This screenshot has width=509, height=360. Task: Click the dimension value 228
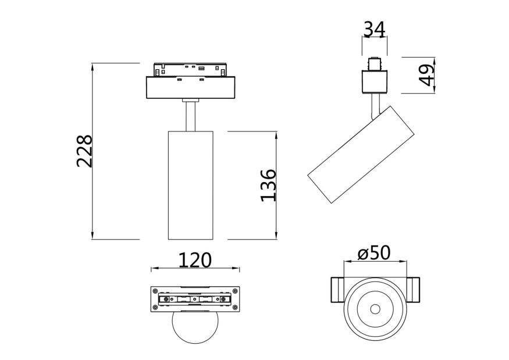(85, 151)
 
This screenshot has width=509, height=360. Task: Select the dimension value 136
(268, 185)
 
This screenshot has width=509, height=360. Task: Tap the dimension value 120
(194, 259)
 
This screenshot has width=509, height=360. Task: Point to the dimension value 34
(374, 27)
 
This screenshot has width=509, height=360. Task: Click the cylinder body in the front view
(191, 185)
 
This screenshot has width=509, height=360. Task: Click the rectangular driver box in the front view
(191, 88)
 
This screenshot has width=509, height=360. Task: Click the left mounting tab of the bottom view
(337, 290)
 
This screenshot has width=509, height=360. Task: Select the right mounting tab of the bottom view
(412, 290)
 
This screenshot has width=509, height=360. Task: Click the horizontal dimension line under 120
(194, 269)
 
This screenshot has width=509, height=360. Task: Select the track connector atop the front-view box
(191, 70)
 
